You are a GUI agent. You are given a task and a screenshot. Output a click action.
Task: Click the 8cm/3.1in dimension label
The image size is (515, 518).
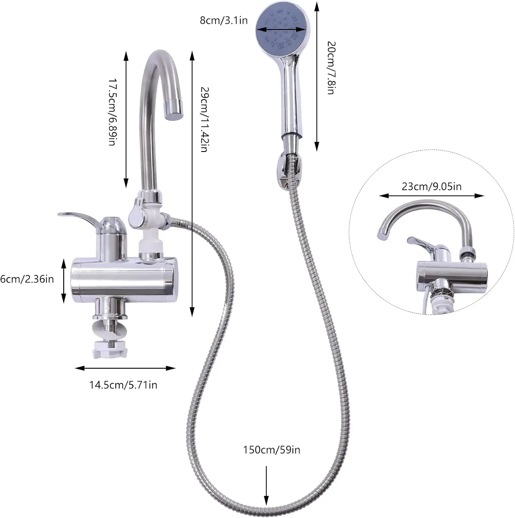(x=223, y=20)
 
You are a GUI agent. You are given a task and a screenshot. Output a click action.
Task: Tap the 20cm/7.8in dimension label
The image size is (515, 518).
(x=331, y=68)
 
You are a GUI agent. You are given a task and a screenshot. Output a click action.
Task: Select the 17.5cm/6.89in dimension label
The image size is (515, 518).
(x=112, y=112)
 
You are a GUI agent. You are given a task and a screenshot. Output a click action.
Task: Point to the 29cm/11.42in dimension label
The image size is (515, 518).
(x=204, y=119)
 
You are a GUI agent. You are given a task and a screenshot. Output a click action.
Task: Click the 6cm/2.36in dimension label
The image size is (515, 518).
(x=27, y=279)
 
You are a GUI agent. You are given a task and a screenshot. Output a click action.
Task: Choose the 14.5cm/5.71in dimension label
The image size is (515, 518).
(x=123, y=385)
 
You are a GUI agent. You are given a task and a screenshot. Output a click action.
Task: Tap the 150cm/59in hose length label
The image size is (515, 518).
(x=271, y=450)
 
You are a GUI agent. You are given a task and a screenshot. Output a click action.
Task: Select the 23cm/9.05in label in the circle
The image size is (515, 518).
(x=431, y=186)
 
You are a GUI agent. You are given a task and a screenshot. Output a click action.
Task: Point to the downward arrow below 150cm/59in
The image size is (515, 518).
(x=266, y=487)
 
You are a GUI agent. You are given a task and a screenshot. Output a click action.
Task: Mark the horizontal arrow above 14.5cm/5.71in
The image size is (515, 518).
(x=125, y=368)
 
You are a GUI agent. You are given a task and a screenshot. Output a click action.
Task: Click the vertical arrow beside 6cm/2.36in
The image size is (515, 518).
(x=64, y=281)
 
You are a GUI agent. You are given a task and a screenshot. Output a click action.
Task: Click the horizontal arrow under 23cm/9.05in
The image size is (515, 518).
(x=431, y=196)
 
